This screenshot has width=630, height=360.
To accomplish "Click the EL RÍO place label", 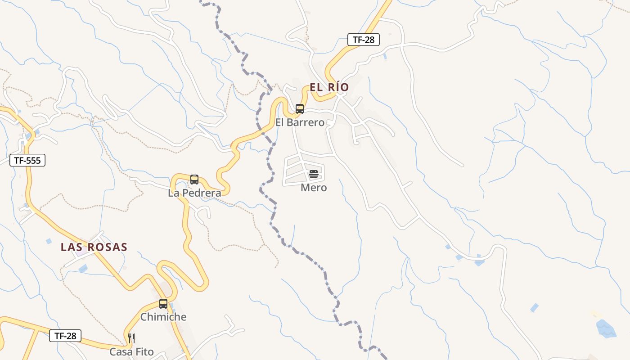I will (x=329, y=87).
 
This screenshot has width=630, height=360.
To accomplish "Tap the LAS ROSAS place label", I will (x=94, y=247).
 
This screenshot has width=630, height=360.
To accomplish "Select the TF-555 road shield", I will (x=27, y=160).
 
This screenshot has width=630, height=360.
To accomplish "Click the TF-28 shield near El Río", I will (x=364, y=40).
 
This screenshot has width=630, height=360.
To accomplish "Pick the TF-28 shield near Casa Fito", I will (x=65, y=335).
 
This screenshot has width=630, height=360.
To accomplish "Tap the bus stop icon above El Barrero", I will (x=300, y=108).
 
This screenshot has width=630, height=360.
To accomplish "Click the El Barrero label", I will (x=300, y=122).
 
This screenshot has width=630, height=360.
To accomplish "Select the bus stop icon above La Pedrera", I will (x=194, y=180).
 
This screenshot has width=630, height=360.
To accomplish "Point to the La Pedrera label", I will (x=194, y=193).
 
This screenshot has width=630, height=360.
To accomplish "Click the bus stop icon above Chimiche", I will (x=163, y=304).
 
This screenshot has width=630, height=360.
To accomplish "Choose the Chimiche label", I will (x=163, y=317).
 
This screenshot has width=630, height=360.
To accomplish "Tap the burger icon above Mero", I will (x=314, y=175).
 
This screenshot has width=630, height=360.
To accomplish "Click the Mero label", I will (x=314, y=188).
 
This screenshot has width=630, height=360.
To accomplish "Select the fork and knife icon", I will (x=131, y=338).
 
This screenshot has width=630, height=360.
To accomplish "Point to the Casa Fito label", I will (x=131, y=352).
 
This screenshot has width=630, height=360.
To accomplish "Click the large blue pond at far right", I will (x=606, y=328).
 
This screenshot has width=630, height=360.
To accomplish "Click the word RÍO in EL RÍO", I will (x=338, y=87).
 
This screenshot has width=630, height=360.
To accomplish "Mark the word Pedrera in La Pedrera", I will (x=202, y=193).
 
